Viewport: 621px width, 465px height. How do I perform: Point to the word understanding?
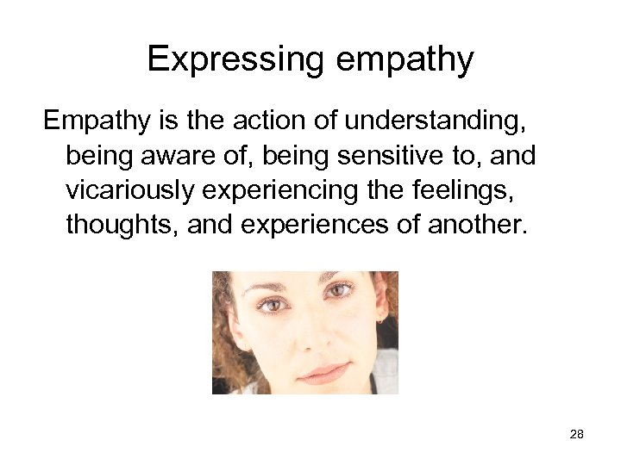pos(430,121)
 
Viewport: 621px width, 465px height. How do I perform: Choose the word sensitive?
pos(396,156)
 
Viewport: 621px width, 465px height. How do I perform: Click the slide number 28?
pos(577,435)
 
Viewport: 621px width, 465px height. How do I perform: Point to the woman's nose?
pos(316,336)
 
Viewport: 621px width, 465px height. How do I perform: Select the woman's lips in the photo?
pos(323,372)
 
